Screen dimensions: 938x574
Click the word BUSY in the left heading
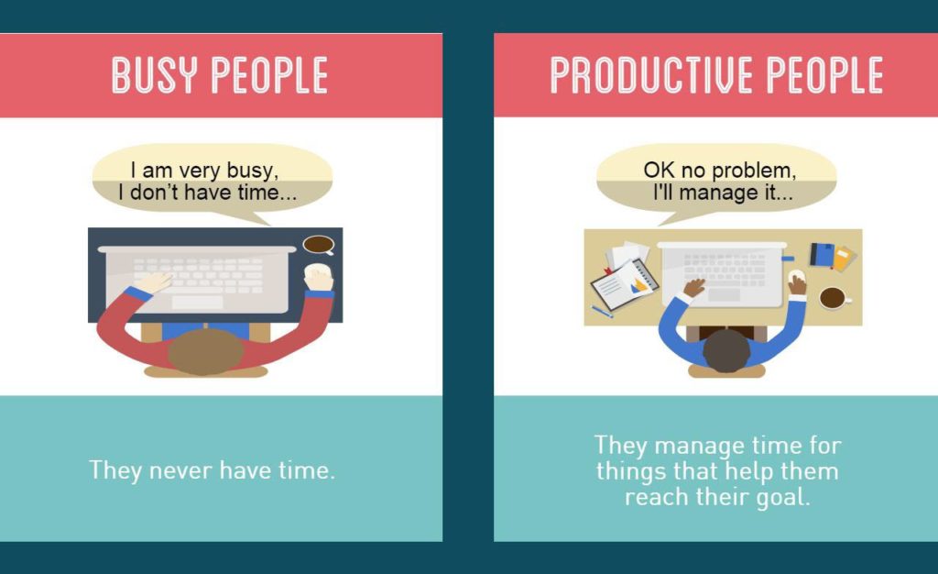coord(154,75)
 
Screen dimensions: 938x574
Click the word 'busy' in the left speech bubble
coord(252,171)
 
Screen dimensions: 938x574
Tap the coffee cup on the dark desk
coord(319,244)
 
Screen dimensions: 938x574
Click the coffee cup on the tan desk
coord(834,297)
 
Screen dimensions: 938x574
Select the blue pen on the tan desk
coord(602,311)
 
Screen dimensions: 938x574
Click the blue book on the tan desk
coord(822,254)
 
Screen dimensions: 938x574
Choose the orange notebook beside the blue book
coord(844,259)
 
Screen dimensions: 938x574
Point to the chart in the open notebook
coord(639,285)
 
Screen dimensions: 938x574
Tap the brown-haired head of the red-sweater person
coord(205,352)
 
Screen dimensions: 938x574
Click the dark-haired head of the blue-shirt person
coord(726,350)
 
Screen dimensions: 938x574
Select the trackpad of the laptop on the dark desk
coord(197,303)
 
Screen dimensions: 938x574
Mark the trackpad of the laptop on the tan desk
coord(724,295)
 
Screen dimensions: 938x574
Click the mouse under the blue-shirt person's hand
coord(796,278)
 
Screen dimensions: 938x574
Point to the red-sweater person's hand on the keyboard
coord(154,281)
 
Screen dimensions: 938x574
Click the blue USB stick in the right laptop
coord(788,259)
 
